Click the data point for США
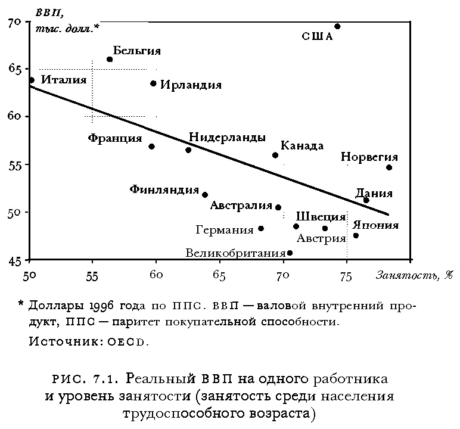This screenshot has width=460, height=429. [x=337, y=26]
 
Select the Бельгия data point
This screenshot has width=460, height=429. [x=110, y=60]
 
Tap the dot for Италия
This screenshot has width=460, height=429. [x=32, y=80]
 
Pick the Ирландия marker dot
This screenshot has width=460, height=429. [x=153, y=83]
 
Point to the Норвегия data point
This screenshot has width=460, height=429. [x=389, y=167]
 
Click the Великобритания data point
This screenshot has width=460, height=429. [x=290, y=253]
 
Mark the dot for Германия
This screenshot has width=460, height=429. [x=261, y=228]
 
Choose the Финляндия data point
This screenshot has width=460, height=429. [x=205, y=194]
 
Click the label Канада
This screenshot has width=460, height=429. [x=302, y=146]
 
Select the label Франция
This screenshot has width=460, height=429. [x=115, y=138]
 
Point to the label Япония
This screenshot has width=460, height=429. [x=375, y=225]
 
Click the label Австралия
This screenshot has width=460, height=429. [x=241, y=206]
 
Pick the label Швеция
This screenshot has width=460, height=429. [x=321, y=216]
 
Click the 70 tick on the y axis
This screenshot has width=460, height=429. [x=15, y=23]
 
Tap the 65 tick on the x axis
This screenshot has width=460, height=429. [x=219, y=276]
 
